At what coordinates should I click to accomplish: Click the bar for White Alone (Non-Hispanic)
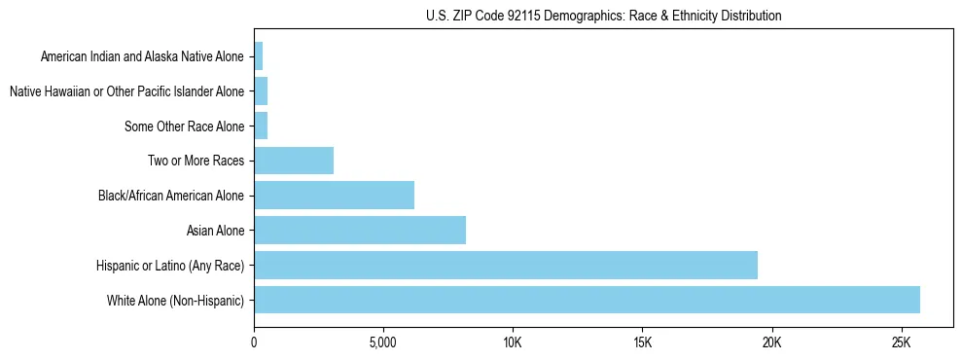pos(587,300)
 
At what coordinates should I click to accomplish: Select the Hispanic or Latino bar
pos(506,265)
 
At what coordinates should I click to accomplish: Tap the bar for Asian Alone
pos(360,231)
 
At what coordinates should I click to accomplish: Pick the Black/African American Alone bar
pos(334,196)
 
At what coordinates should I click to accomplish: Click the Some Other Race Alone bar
pos(261,126)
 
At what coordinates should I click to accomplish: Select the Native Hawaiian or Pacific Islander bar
pos(261,91)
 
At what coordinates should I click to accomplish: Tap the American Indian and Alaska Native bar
pos(258,56)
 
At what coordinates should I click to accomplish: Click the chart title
pos(603,16)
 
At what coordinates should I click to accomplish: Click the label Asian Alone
pos(215,231)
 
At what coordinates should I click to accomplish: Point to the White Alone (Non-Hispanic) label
pos(175,300)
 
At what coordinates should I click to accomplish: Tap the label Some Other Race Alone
pos(184,126)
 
